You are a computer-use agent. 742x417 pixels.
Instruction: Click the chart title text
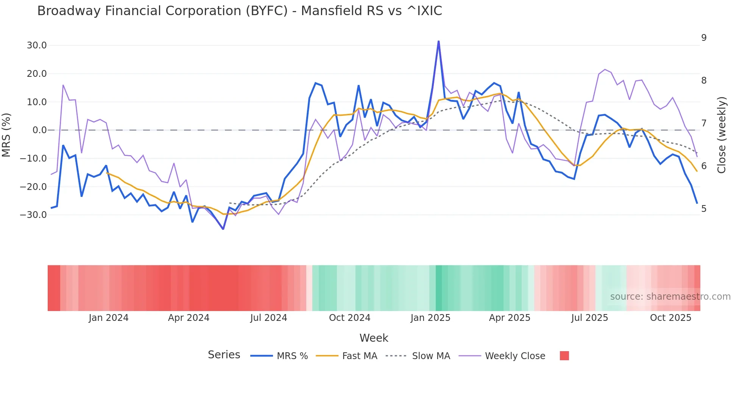pos(239,11)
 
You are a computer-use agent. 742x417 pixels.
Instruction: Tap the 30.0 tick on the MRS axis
pos(37,45)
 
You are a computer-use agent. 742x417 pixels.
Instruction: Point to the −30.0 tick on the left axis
pos(34,215)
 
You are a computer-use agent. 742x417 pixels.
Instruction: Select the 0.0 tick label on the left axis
pos(40,130)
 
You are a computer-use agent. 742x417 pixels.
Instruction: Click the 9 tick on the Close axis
pos(704,38)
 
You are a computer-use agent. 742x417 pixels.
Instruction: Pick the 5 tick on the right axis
pos(704,209)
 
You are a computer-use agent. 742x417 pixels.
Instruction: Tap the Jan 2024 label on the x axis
pos(109,318)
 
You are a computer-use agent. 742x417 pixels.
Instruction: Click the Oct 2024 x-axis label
pos(349,318)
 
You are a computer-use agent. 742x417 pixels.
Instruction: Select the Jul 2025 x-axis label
pos(589,318)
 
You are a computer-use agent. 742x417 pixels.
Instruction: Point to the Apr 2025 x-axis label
pos(510,318)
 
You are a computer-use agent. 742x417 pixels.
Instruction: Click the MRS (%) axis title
pos(6,135)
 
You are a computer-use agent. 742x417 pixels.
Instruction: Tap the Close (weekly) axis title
pos(722,135)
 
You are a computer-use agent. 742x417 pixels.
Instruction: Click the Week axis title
pos(374,338)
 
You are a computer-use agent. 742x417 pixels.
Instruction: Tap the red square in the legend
pos(564,356)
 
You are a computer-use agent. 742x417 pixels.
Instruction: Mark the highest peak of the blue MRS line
pos(438,41)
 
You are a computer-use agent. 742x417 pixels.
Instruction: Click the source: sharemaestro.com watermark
pos(670,297)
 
